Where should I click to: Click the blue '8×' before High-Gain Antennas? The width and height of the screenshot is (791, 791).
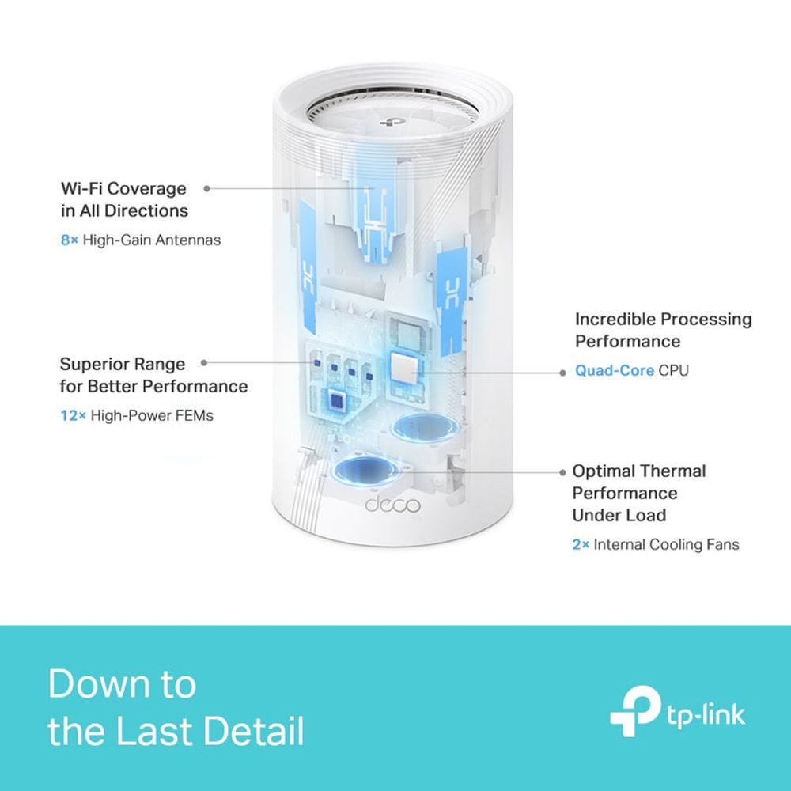(x=70, y=240)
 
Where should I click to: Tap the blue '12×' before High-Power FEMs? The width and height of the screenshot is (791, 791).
(x=73, y=415)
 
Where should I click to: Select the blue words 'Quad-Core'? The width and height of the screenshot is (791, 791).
(x=615, y=370)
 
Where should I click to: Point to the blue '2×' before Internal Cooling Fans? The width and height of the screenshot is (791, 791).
(x=581, y=544)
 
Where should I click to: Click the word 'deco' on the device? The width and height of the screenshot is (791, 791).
(x=392, y=505)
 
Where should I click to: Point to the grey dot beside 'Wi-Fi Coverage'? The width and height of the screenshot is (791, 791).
(x=207, y=188)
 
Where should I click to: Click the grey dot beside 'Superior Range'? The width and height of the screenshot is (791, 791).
(x=204, y=362)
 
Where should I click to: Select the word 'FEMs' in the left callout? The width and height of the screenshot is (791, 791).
(x=197, y=415)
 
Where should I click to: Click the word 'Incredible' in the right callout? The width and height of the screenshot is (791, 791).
(x=615, y=319)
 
